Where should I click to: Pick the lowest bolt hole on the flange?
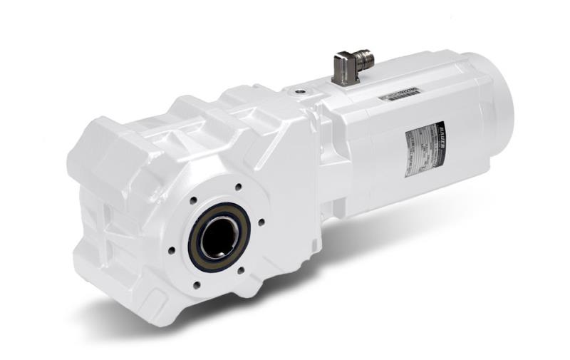click(x=197, y=285)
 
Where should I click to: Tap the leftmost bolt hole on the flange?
click(x=172, y=250)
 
